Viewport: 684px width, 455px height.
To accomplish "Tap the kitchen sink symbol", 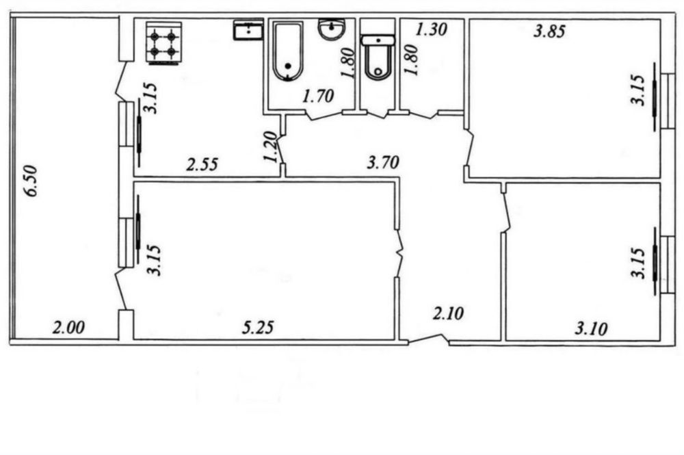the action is point(248,29).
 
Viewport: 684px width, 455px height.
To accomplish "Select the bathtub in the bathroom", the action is point(287,52).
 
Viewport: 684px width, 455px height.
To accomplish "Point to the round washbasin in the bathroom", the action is point(332,29).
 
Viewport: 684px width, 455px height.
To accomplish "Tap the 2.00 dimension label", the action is point(68,327).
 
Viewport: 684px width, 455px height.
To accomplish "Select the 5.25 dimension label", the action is point(258,327).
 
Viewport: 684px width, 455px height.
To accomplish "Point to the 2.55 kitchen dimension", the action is point(202,165).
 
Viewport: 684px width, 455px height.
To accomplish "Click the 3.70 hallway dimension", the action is point(383,163).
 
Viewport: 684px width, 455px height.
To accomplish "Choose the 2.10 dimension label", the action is point(449,313).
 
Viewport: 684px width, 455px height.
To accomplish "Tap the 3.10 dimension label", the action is point(591,328).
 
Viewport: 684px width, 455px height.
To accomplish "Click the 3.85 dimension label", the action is point(550,31).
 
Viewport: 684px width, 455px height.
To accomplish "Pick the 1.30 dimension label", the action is point(431,29).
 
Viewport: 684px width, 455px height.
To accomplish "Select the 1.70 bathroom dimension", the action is point(319,96).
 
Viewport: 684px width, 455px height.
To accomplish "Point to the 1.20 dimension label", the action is point(270,147).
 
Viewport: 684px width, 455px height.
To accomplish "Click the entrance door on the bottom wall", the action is point(429,340).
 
